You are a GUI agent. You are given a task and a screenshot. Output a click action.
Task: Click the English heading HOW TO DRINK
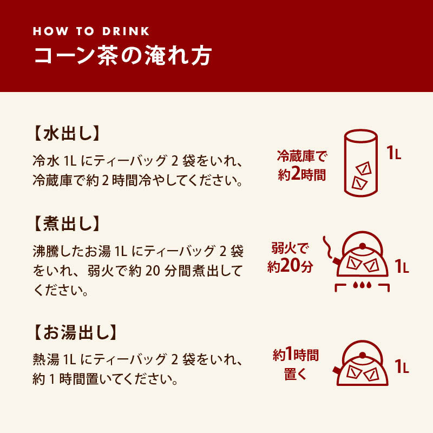coord(91,31)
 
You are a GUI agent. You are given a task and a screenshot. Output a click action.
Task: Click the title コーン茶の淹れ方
coord(123,56)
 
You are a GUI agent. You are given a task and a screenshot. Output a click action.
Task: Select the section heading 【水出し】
coord(66,133)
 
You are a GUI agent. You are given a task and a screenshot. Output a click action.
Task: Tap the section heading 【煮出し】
coord(66,224)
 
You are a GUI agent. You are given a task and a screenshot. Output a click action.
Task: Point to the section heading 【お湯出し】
coord(75,332)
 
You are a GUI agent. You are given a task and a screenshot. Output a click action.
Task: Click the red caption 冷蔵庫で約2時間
coord(302,166)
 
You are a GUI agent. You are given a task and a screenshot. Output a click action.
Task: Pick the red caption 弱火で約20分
coord(290,258)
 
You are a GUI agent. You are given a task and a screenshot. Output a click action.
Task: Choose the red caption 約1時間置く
coord(296,364)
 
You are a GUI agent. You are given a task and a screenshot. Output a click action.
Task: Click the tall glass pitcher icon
coord(360,163)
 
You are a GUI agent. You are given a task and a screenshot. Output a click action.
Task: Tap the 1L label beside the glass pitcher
coord(394,153)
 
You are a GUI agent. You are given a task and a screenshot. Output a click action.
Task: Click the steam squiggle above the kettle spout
coord(327,247)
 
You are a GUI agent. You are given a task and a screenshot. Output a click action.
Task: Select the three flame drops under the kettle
coord(362,285)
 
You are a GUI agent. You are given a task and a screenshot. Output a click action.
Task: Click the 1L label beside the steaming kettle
coord(402,266)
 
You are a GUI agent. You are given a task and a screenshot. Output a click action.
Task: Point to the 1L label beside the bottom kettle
coord(402,366)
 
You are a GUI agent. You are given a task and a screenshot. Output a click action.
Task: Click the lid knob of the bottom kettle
coord(363,356)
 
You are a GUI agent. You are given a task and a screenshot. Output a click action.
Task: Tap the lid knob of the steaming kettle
coord(363,246)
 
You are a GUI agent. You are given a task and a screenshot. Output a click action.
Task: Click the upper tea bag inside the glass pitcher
coord(363,168)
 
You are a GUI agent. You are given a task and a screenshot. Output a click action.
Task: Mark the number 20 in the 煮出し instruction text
coord(153,271)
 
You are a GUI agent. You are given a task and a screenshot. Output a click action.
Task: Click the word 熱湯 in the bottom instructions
coord(46,359)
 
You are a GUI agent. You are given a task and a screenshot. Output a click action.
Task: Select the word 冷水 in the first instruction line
coord(46,160)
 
